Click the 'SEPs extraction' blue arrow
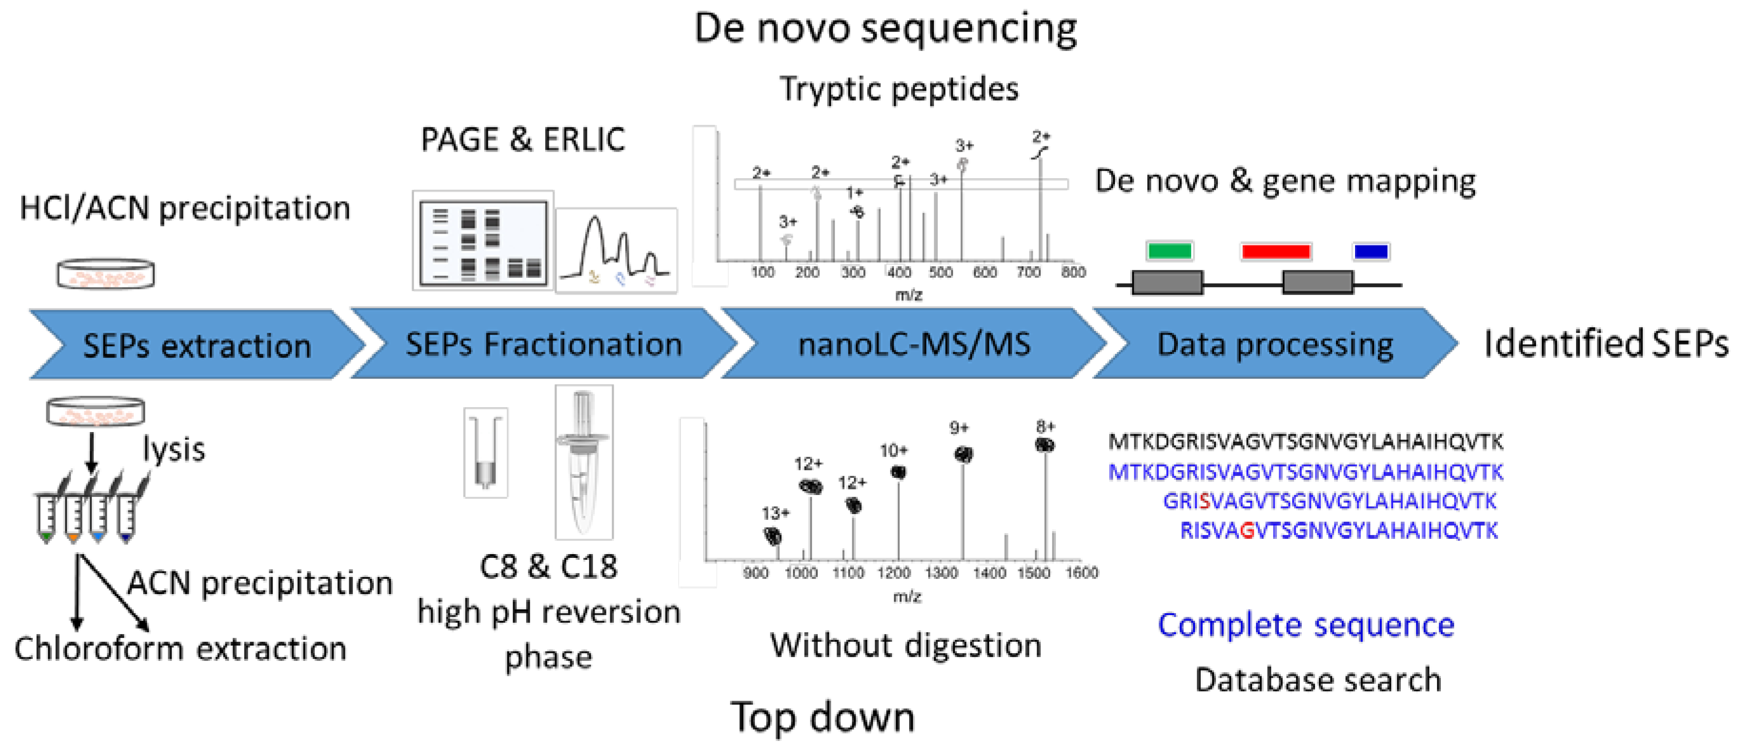(196, 345)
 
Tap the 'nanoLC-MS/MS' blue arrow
(914, 343)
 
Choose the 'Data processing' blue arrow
(1275, 343)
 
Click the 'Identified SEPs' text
(1606, 343)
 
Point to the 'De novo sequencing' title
(885, 29)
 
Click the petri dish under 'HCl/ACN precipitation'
(105, 274)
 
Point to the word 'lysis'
(174, 449)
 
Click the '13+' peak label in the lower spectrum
(775, 513)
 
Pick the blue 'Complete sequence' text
(1306, 625)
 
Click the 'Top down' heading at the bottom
(822, 717)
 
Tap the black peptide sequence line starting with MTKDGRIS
(1306, 442)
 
